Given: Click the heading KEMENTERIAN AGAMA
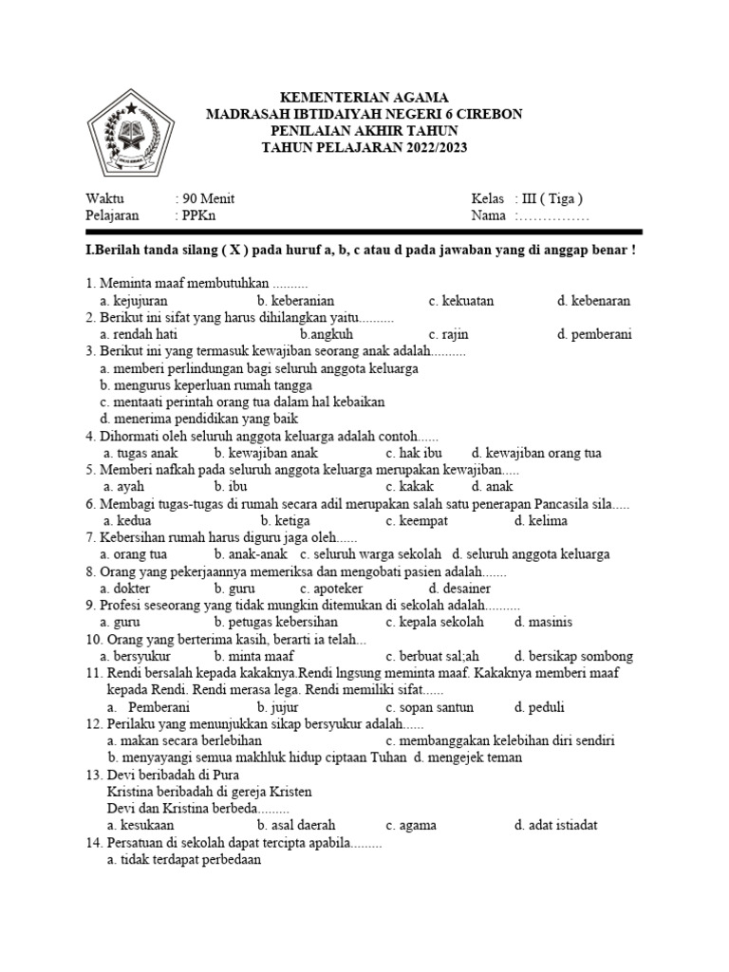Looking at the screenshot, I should pyautogui.click(x=364, y=97).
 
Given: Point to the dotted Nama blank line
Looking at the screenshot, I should pyautogui.click(x=553, y=216).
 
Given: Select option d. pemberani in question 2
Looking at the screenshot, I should pyautogui.click(x=595, y=335).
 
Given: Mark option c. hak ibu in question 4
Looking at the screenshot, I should pyautogui.click(x=414, y=454).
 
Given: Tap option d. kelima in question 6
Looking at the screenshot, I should pyautogui.click(x=541, y=521).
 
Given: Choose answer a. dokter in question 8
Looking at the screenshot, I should pyautogui.click(x=127, y=589).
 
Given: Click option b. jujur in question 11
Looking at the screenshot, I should pyautogui.click(x=278, y=707).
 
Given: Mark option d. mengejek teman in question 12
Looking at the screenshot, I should pyautogui.click(x=467, y=758).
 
